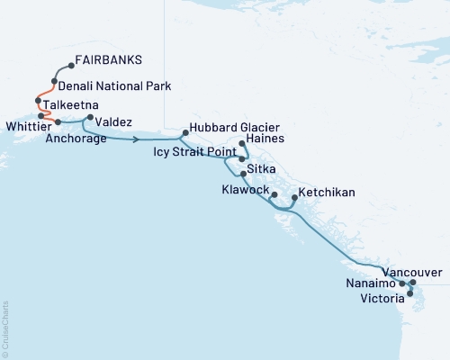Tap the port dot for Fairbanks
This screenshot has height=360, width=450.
coord(71,66)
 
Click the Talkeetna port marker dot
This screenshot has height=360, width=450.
coord(38,101)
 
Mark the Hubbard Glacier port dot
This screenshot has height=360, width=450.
coord(184,133)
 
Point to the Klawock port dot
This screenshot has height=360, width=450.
coord(274,194)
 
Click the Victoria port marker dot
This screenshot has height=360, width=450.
coord(410,293)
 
